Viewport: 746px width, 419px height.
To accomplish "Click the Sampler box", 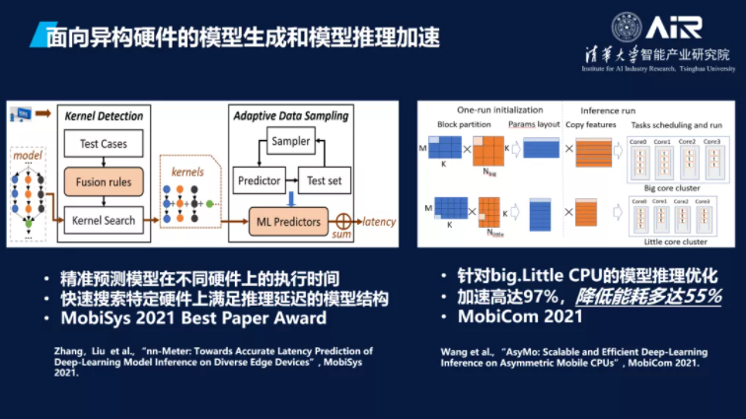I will tap(291, 142).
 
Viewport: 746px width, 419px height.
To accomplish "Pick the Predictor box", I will tap(260, 180).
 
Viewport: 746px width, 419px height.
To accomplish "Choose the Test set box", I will tap(325, 180).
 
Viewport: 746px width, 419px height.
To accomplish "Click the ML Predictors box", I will tap(287, 222).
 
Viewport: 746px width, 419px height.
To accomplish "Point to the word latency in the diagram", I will tap(380, 221).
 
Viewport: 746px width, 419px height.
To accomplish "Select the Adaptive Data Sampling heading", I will tap(290, 115).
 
